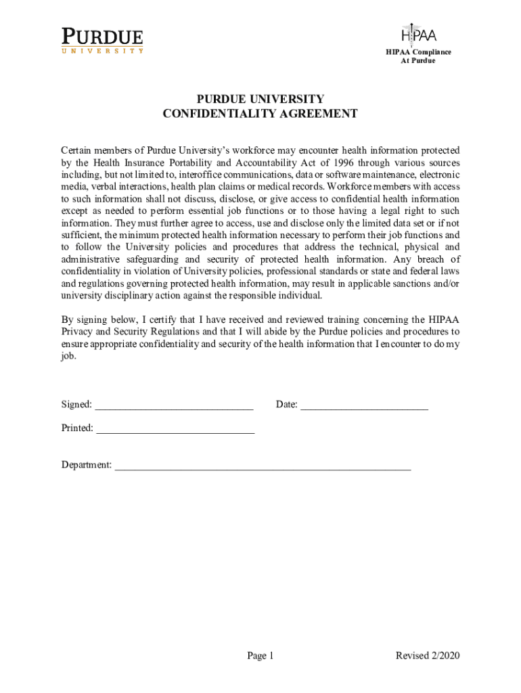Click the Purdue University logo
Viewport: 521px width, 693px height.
click(x=103, y=40)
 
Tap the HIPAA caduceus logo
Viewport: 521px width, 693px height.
click(x=418, y=33)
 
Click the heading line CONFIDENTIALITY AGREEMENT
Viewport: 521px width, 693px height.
click(x=260, y=114)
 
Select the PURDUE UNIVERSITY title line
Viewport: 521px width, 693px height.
click(x=260, y=99)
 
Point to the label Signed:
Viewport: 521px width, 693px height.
click(x=76, y=405)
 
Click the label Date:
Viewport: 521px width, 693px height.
click(x=287, y=405)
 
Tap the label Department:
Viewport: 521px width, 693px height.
click(x=87, y=465)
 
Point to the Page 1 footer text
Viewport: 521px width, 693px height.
click(x=260, y=656)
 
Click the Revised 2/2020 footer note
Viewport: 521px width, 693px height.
click(x=428, y=656)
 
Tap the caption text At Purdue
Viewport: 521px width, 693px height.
click(x=418, y=61)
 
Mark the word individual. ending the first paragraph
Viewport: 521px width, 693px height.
click(x=302, y=296)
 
